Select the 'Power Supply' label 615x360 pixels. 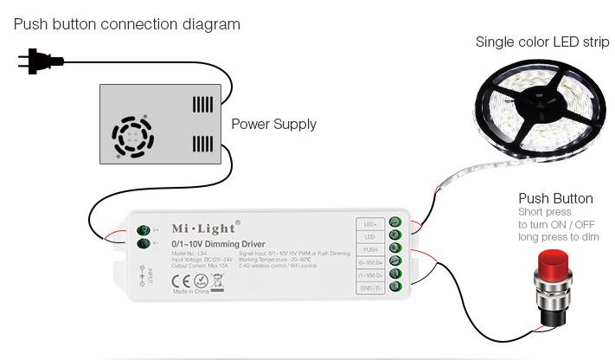(x=273, y=124)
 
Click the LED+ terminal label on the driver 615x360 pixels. (x=368, y=223)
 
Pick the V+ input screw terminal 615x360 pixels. (x=144, y=230)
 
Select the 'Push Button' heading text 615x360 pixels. (x=555, y=198)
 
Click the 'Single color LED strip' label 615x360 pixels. (x=541, y=42)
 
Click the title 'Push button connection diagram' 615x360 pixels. (x=127, y=23)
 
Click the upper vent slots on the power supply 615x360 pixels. (x=202, y=106)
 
